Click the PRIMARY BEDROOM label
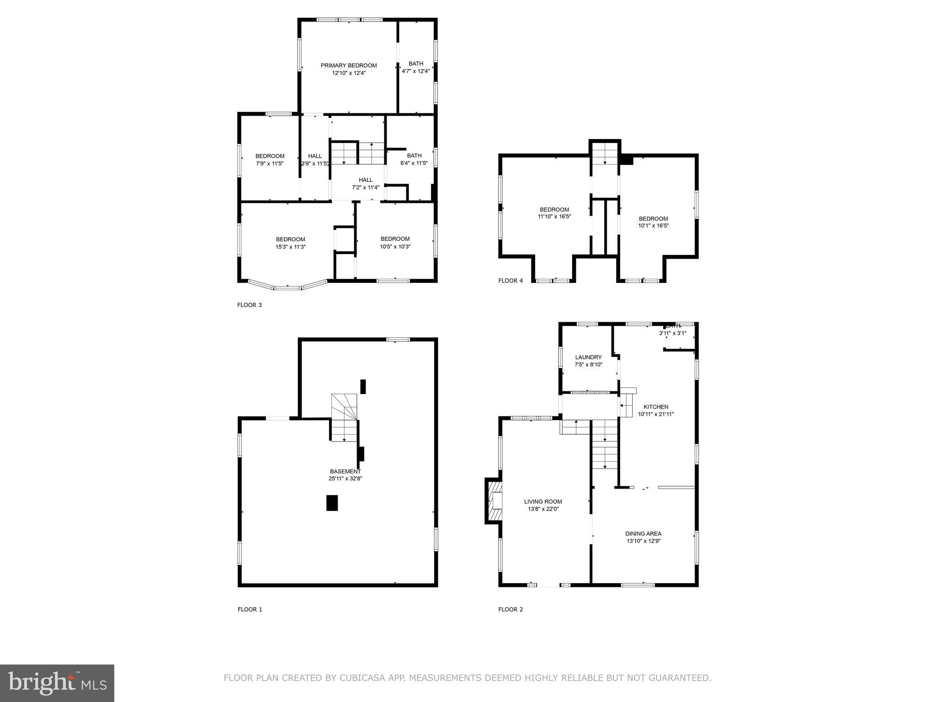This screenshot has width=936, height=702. pos(349,65)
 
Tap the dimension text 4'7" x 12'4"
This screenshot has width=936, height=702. pos(415,71)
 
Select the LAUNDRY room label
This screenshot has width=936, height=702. pos(588,357)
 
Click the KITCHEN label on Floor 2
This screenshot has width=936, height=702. pos(656,407)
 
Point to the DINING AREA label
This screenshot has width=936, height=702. pos(643,533)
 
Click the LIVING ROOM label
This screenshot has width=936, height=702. pos(543,501)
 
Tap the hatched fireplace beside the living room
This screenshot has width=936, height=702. pos(494,500)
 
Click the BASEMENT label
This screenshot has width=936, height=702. pos(345,471)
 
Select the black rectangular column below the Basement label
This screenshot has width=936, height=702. pos(332,503)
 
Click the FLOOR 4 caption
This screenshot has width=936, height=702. pos(511,281)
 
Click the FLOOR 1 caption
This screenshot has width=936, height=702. pos(250,609)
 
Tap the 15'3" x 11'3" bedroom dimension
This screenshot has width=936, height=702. pos(290,247)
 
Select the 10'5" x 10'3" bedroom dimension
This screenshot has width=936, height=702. pos(395,246)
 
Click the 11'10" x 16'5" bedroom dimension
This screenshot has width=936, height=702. pos(554,217)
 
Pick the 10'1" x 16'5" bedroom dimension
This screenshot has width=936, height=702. pos(653,225)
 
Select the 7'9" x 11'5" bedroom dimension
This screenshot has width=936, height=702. pos(270,163)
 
